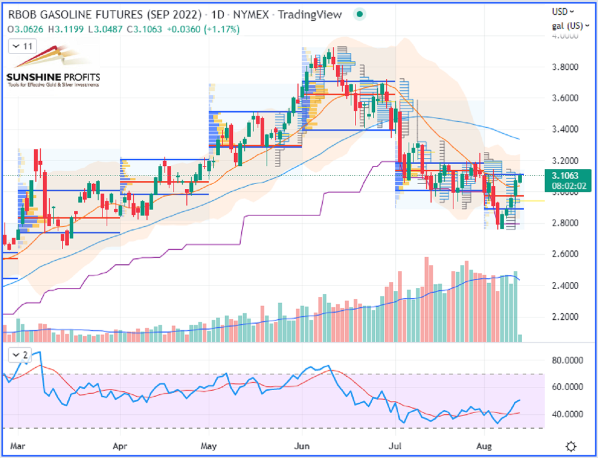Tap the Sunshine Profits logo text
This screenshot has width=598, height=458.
pyautogui.click(x=53, y=77)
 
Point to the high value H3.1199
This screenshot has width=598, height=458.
pyautogui.click(x=66, y=29)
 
